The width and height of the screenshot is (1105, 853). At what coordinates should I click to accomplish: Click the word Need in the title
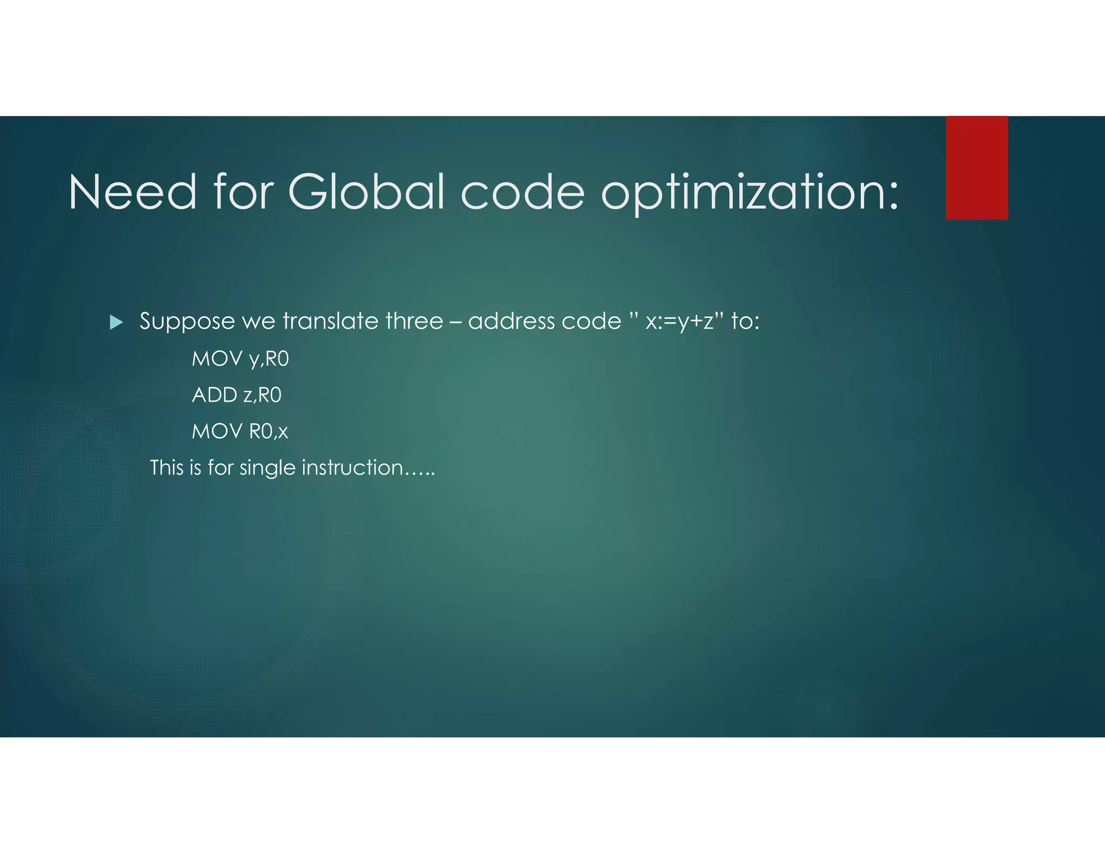coord(132,192)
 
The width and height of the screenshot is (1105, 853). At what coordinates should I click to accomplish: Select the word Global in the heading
coord(366,192)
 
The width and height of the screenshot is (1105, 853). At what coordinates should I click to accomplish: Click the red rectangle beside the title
coord(977,168)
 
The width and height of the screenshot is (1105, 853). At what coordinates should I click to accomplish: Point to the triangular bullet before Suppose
coord(116,323)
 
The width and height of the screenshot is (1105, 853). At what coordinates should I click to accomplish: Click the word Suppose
coord(187,322)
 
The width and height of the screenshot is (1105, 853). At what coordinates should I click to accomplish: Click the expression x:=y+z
coord(679,322)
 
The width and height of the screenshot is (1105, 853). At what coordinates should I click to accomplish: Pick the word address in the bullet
coord(511,321)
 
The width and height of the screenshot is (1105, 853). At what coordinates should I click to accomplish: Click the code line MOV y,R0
coord(240,359)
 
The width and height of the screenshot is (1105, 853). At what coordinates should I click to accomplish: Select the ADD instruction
coord(236,395)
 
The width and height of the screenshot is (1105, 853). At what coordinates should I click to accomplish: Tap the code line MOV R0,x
coord(240,431)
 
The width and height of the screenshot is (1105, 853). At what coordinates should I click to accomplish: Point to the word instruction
coord(352,467)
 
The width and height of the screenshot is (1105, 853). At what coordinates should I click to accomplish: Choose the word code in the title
coord(522,192)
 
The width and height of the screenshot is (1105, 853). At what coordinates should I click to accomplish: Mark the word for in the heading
coord(244,192)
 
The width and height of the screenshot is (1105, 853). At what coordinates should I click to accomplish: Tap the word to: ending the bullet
coord(745,321)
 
